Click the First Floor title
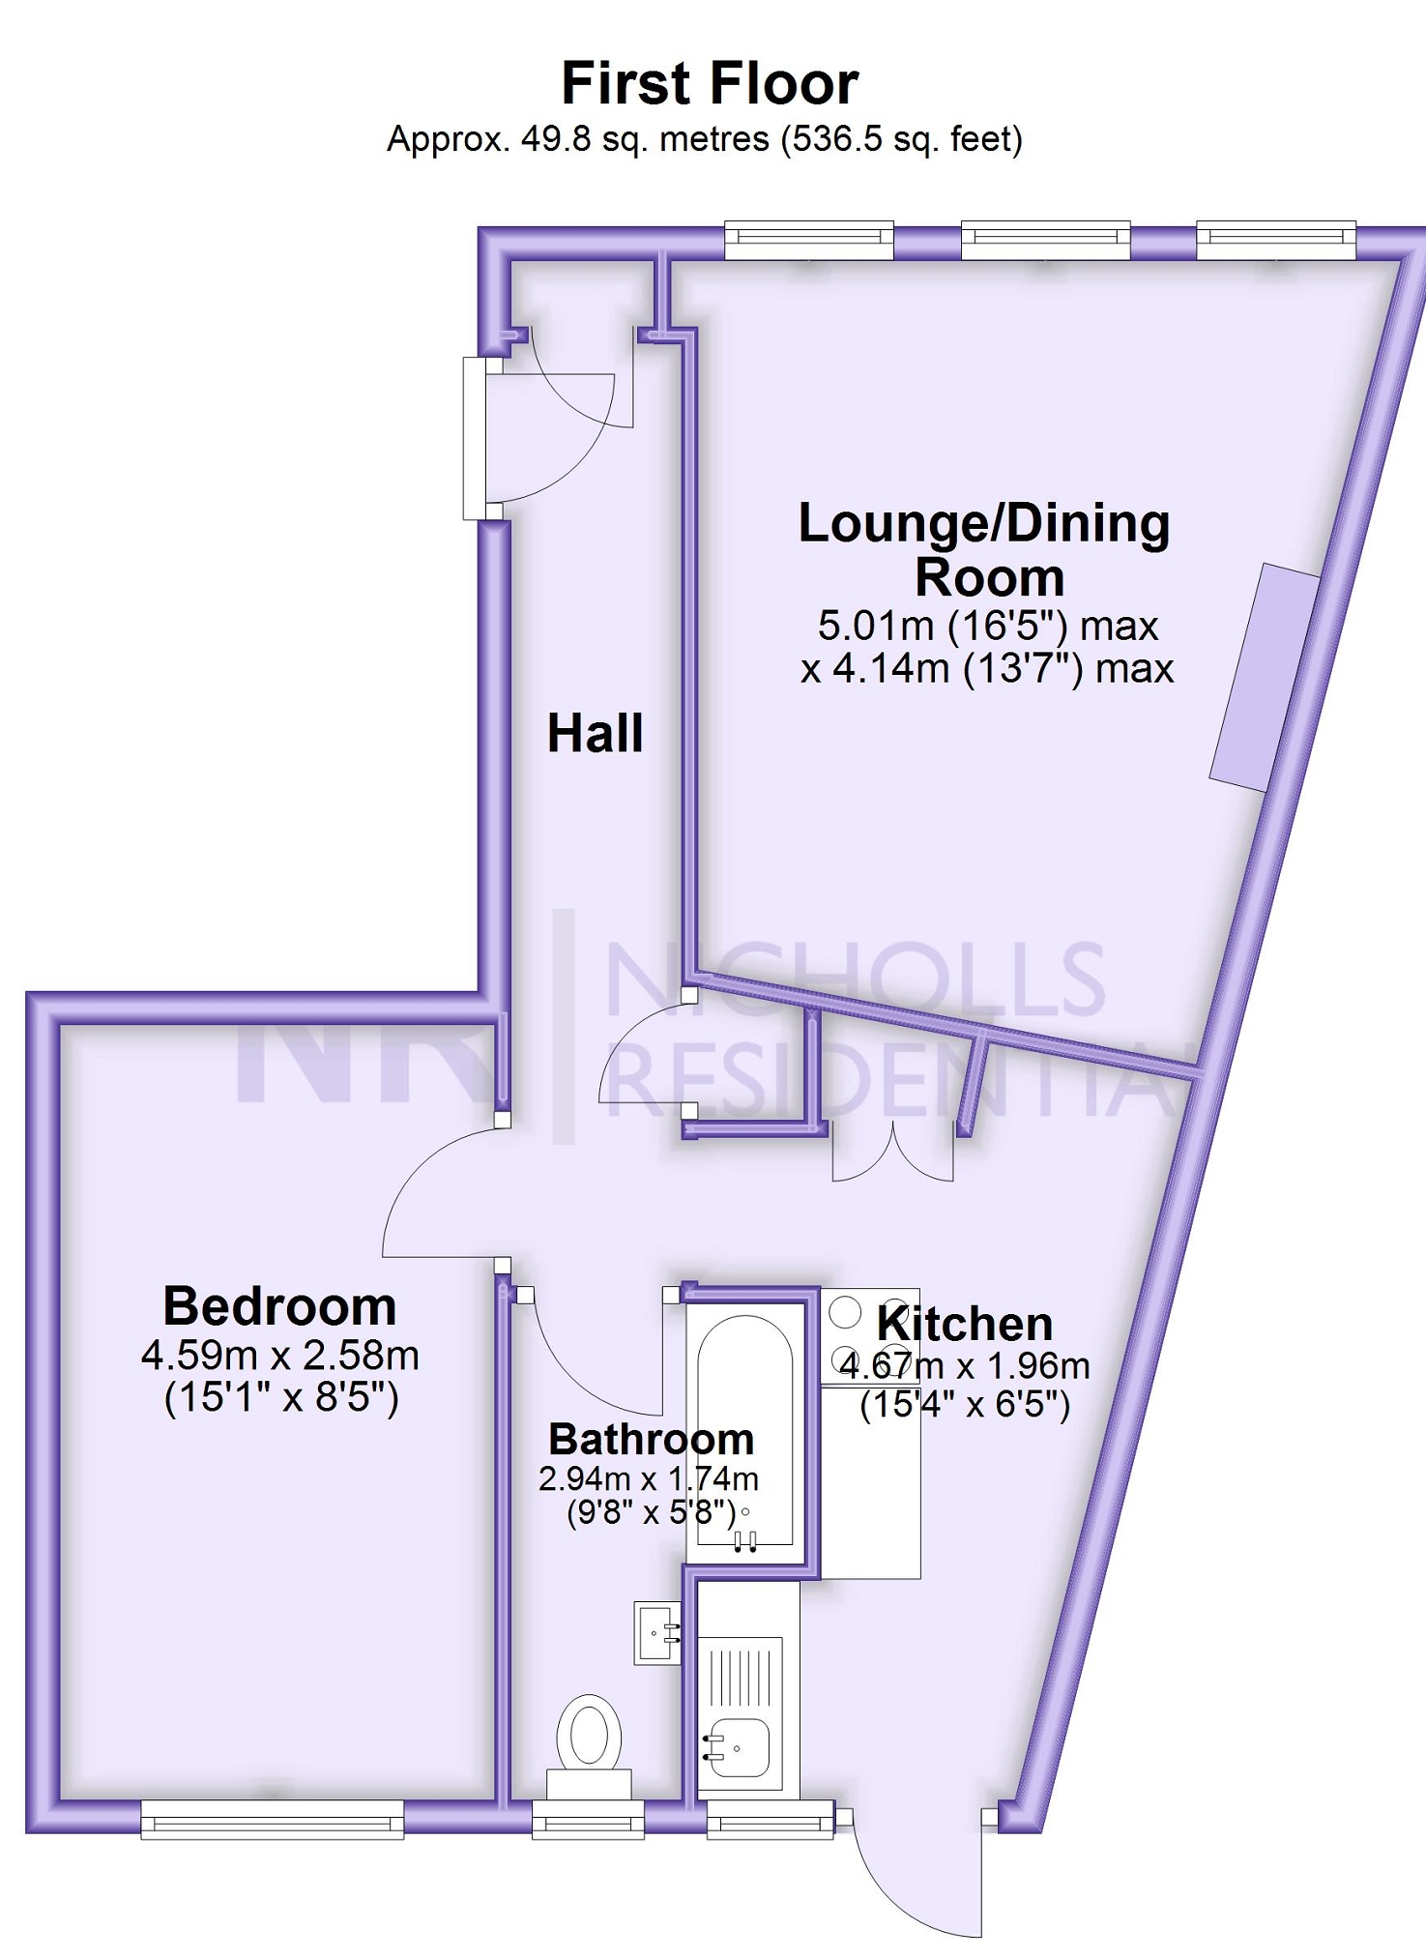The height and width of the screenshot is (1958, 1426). tap(710, 83)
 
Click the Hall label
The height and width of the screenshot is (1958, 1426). tap(595, 733)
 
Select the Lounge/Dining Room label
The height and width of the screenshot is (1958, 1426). tap(984, 549)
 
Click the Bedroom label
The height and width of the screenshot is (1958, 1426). tap(279, 1306)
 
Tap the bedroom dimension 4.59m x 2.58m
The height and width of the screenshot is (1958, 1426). tap(279, 1356)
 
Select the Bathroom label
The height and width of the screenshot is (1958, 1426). tap(651, 1439)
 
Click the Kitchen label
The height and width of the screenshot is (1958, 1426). tap(964, 1323)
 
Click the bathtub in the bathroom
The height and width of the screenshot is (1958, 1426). tap(745, 1431)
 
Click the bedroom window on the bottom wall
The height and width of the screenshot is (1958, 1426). tap(272, 1819)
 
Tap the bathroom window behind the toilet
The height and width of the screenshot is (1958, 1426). tap(588, 1819)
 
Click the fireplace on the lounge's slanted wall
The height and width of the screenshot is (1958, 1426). tap(1265, 678)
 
